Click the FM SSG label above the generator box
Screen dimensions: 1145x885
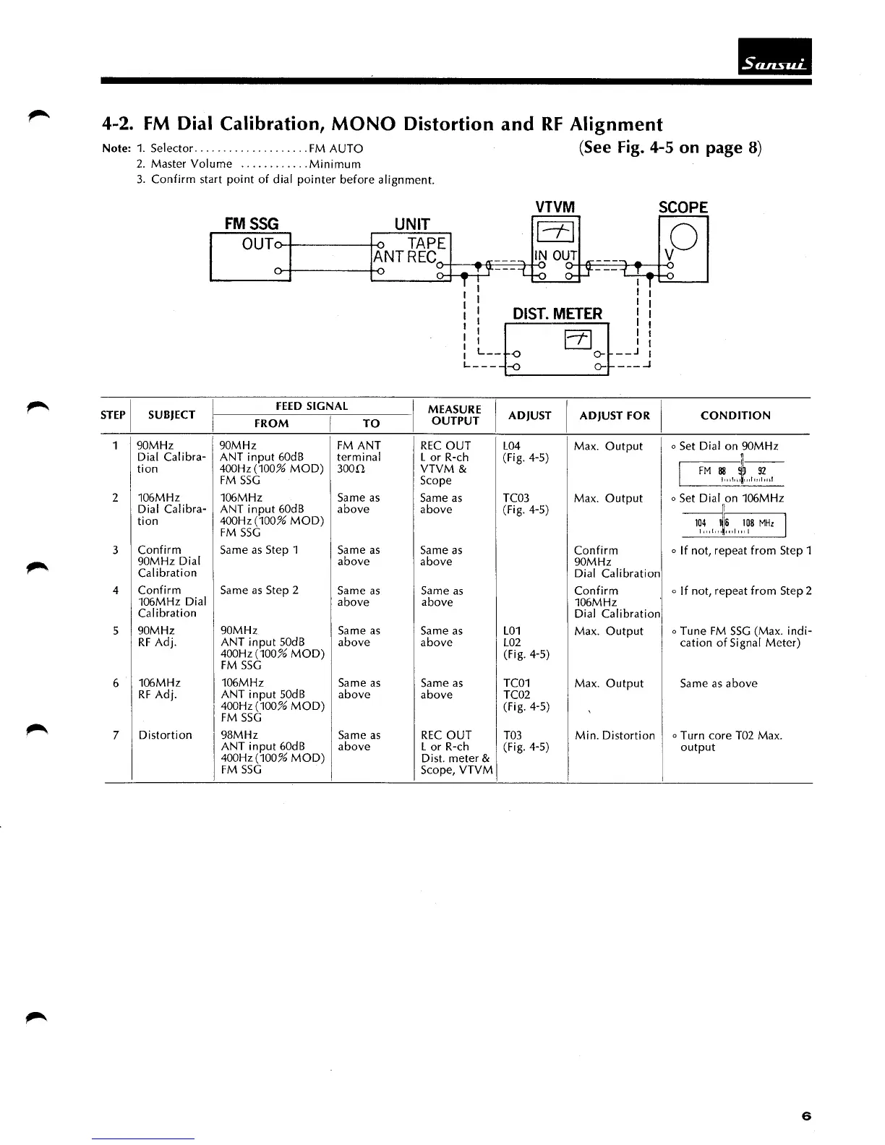click(251, 223)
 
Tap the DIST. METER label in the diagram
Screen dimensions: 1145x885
click(557, 314)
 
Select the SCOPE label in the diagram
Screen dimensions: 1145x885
click(683, 207)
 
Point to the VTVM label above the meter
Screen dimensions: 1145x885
click(555, 207)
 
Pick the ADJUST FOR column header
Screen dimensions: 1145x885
click(615, 416)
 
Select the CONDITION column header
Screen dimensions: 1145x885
click(735, 416)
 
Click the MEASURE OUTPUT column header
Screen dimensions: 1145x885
click(455, 416)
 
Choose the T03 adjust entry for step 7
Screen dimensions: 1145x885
click(512, 735)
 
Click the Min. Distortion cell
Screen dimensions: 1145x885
click(615, 735)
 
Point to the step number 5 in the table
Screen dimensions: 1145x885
click(116, 631)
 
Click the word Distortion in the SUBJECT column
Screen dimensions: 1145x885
click(165, 735)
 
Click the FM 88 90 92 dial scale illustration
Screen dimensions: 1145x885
click(732, 473)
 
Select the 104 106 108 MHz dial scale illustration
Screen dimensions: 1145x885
click(734, 525)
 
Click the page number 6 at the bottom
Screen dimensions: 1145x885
click(806, 1116)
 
